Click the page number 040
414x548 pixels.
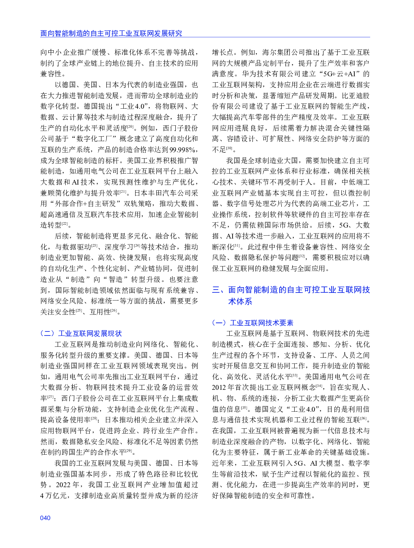[x=45, y=518]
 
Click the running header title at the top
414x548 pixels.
[x=111, y=33]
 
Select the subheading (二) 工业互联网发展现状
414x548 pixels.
[x=81, y=333]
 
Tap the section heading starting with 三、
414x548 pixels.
[x=291, y=295]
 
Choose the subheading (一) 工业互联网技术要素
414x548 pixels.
[x=252, y=323]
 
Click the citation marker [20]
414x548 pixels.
[x=130, y=127]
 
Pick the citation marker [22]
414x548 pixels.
[x=65, y=224]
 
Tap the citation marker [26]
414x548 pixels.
[x=114, y=311]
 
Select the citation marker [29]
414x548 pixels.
[x=129, y=451]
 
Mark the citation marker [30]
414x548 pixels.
[x=229, y=148]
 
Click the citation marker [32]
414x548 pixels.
[x=302, y=256]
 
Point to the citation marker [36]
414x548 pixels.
[x=363, y=419]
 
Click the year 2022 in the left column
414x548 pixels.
[x=63, y=485]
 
